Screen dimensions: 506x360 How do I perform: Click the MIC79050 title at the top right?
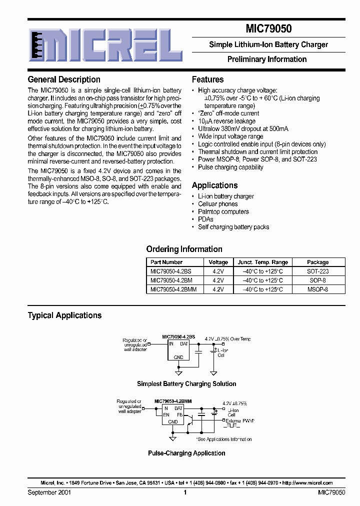click(x=268, y=29)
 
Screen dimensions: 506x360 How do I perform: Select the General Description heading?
click(x=64, y=79)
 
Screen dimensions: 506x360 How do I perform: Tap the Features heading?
click(x=207, y=79)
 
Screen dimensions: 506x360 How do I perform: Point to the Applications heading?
click(x=214, y=185)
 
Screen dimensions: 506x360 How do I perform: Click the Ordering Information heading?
click(x=184, y=249)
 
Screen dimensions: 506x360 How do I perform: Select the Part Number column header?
click(x=166, y=262)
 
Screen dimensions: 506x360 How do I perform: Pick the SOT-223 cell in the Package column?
click(x=317, y=271)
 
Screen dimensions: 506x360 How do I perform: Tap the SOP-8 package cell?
click(x=317, y=280)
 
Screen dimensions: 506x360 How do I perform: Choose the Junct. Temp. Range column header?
click(x=262, y=262)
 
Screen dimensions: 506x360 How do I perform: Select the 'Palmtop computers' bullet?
click(x=223, y=211)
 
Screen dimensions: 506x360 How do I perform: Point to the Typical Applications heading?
click(x=64, y=315)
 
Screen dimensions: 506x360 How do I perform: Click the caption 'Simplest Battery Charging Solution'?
click(x=186, y=384)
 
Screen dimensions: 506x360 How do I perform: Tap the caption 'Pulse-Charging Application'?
click(x=186, y=453)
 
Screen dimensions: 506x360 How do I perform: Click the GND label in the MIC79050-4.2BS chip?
click(x=178, y=357)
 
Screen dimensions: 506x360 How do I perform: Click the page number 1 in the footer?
click(x=185, y=492)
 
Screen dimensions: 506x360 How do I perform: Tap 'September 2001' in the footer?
click(x=49, y=492)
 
